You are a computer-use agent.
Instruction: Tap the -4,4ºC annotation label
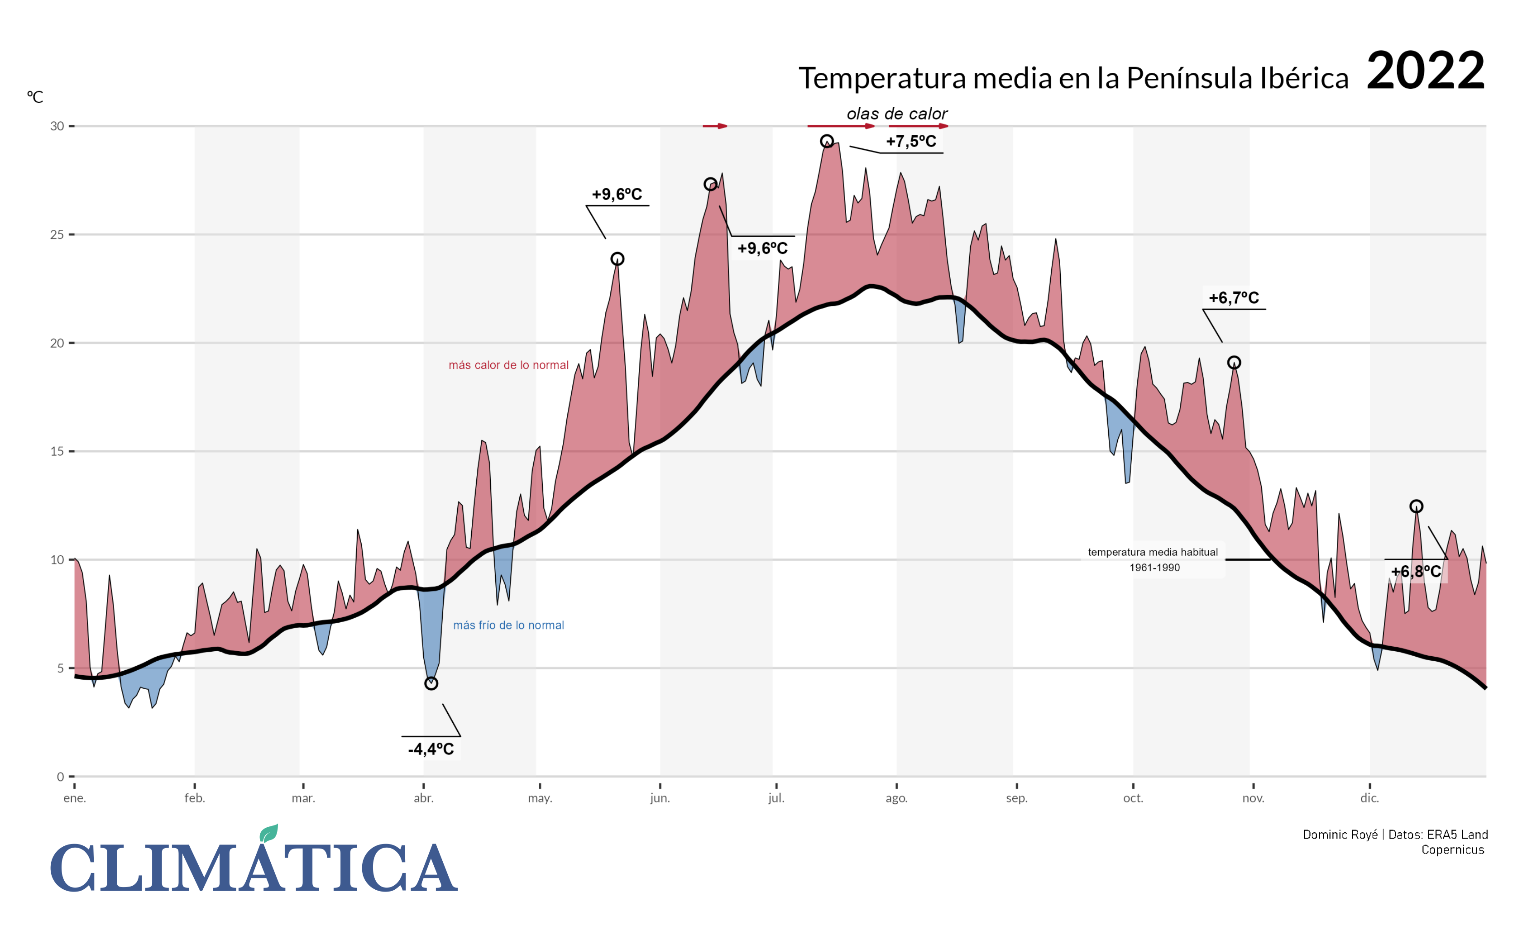[431, 749]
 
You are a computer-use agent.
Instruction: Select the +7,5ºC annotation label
[911, 142]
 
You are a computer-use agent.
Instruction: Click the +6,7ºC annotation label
[1234, 298]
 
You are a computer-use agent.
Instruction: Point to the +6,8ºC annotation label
[1416, 571]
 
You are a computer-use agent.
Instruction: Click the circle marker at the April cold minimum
[431, 684]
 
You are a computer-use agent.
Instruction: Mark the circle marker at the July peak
[826, 141]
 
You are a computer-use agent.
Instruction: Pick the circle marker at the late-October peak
[1234, 363]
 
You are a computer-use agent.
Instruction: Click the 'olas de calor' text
[896, 114]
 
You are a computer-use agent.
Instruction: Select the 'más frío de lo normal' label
[508, 625]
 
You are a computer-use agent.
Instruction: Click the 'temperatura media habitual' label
[1153, 553]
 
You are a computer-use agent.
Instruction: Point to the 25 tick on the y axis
[57, 235]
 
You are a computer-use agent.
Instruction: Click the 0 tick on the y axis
[60, 777]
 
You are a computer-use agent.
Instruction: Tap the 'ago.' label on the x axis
[896, 798]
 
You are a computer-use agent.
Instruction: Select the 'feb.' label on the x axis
[195, 798]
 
